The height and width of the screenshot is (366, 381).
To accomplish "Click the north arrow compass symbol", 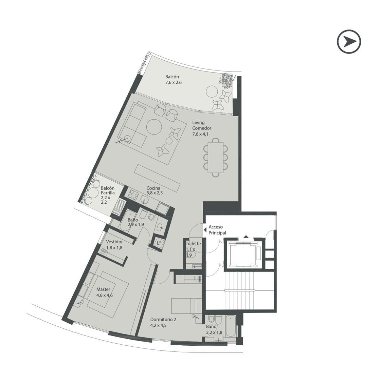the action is [x=349, y=41].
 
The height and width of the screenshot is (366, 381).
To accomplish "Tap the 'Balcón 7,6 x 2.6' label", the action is [x=173, y=80].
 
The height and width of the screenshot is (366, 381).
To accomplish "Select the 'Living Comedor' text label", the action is [x=201, y=125].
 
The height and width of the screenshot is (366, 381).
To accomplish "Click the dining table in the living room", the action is [x=216, y=157].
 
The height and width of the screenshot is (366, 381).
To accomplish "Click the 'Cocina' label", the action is [x=153, y=188].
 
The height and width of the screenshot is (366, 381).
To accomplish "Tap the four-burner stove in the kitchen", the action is [x=133, y=194].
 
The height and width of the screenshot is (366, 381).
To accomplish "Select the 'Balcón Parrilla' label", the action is [x=108, y=190].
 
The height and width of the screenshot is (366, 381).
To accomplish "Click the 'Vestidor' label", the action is [x=114, y=242].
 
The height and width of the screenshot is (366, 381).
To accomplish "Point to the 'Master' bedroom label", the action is [x=103, y=289].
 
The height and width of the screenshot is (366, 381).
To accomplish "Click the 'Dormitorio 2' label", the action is [x=163, y=320].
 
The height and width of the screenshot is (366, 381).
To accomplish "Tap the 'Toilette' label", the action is [x=193, y=244].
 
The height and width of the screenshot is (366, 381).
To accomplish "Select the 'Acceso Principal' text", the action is [x=217, y=230].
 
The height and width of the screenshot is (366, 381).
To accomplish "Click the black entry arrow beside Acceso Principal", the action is [x=205, y=228].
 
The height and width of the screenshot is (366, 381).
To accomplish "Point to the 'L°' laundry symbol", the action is [x=159, y=243].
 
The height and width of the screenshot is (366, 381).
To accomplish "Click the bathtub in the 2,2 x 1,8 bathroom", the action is [x=230, y=326].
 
